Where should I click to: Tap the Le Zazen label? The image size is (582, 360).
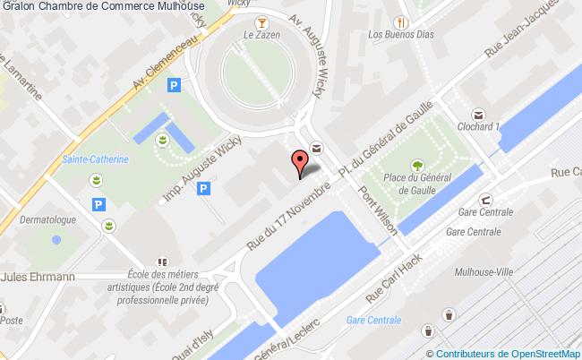[260, 36]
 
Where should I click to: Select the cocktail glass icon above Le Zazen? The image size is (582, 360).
[260, 21]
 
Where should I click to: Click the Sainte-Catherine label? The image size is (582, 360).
[96, 159]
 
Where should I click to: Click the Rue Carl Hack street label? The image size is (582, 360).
[398, 274]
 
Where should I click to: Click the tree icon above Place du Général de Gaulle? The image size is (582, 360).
[417, 165]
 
